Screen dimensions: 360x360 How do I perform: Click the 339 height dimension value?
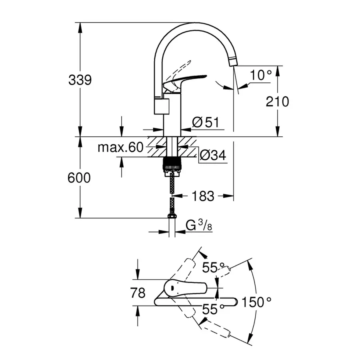(80, 80)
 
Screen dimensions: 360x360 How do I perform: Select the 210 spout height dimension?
(277, 102)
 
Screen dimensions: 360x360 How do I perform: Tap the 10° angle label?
(261, 75)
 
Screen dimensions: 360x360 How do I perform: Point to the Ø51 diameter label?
(206, 122)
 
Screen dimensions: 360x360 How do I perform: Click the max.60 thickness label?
(120, 148)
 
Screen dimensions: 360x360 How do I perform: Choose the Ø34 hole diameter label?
(212, 156)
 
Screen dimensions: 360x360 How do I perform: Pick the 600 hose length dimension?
(80, 178)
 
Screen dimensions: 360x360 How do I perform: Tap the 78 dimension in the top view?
(138, 293)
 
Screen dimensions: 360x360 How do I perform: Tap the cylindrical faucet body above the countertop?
(172, 116)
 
